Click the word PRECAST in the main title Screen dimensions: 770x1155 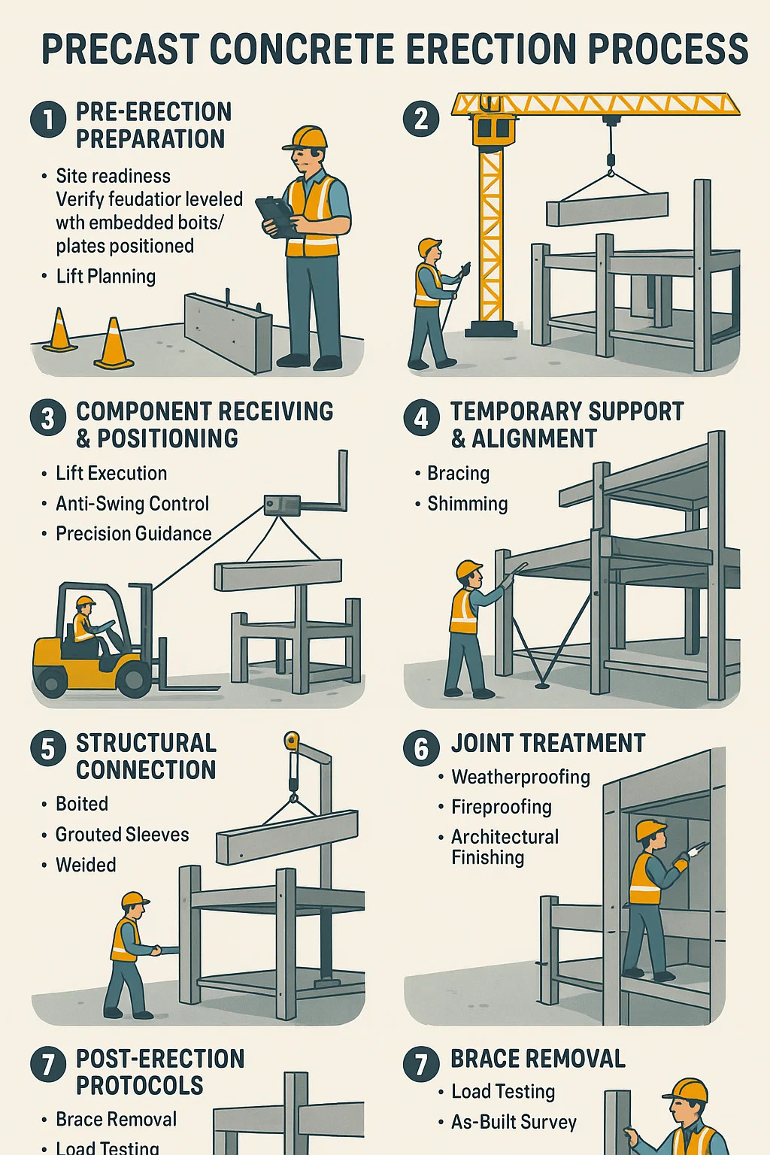click(x=120, y=49)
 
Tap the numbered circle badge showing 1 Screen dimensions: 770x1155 click(x=48, y=119)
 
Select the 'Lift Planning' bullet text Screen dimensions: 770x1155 click(x=106, y=277)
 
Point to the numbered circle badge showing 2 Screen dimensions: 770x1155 click(x=421, y=119)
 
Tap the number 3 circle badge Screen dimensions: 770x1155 click(x=48, y=418)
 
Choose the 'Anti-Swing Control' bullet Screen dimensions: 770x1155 click(x=132, y=504)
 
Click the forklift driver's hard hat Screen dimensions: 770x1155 click(x=86, y=601)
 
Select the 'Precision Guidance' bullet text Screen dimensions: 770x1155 click(x=134, y=534)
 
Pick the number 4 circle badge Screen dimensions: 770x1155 click(x=421, y=418)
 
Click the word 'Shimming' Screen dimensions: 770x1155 click(x=467, y=504)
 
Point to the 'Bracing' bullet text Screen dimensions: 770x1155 click(x=459, y=473)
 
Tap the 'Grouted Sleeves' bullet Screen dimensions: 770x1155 click(x=123, y=835)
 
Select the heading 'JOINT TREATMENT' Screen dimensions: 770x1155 click(x=548, y=743)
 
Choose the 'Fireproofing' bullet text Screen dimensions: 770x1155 click(x=502, y=807)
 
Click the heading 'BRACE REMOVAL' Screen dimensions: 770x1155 click(x=538, y=1059)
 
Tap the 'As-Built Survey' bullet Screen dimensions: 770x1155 click(x=514, y=1122)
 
